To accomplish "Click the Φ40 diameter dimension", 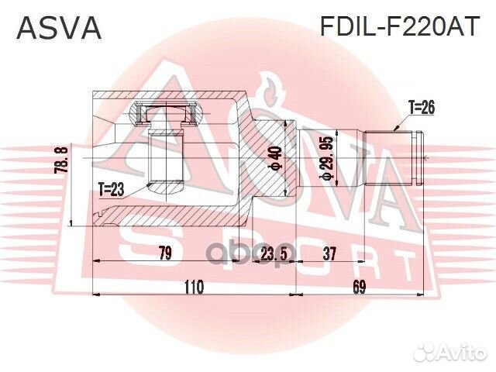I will (x=273, y=158).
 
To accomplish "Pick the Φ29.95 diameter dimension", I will (x=328, y=158).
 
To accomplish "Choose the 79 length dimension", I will (x=165, y=253).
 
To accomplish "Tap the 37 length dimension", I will (x=330, y=253).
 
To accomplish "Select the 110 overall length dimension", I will (x=193, y=288).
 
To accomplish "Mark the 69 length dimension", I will (x=359, y=288).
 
